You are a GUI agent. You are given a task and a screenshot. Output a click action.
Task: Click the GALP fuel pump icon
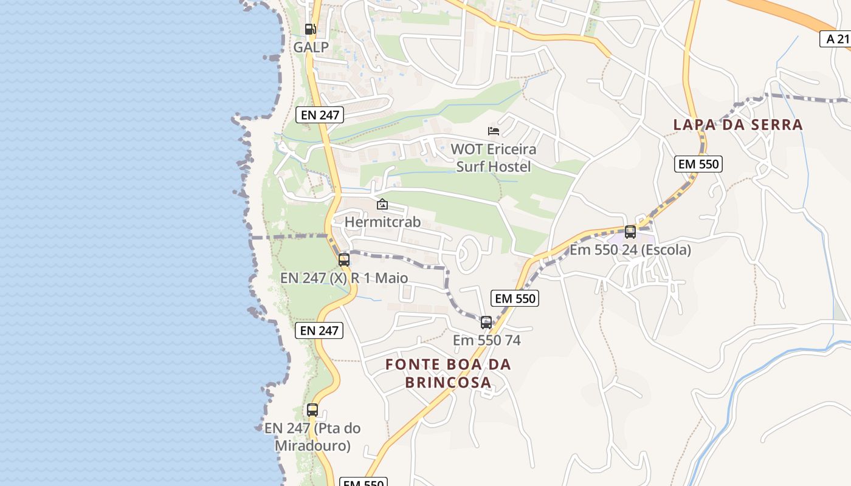pos(310,29)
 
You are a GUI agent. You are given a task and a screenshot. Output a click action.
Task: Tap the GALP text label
pos(311,47)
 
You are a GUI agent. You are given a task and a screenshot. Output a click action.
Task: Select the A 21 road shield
pos(836,39)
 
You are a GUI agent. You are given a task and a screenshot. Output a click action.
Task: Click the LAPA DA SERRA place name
pos(738,125)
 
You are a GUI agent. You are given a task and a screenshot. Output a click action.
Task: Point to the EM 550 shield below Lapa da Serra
pos(698,163)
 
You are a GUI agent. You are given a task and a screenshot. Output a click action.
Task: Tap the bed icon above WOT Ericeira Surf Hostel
pos(494,131)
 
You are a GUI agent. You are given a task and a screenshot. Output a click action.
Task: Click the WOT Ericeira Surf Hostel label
pos(494,158)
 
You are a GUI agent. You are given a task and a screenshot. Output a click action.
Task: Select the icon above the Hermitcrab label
pos(382,205)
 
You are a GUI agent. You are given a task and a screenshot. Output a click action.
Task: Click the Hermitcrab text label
pos(382,222)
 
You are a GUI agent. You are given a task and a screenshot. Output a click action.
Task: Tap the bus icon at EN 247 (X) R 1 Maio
pos(344,260)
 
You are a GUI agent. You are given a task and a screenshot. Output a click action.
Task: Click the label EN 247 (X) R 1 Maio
pos(344,278)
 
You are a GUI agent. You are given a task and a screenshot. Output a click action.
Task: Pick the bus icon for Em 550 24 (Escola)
pos(630,231)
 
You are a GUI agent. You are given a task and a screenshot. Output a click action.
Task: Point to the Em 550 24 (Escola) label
pos(630,250)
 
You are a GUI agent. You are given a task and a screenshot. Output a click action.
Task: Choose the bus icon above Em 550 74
pos(486,323)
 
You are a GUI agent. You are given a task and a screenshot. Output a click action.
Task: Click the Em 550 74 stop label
pos(486,340)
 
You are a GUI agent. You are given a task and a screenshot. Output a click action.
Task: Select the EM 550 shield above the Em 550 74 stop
pos(516,298)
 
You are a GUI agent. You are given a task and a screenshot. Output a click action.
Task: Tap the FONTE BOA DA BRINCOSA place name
pos(448,374)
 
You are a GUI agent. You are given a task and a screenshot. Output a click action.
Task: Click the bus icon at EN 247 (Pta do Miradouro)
pos(312,410)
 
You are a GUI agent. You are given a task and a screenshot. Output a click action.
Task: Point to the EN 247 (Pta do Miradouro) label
pos(312,437)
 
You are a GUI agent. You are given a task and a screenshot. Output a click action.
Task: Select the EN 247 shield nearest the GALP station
pos(320,114)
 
